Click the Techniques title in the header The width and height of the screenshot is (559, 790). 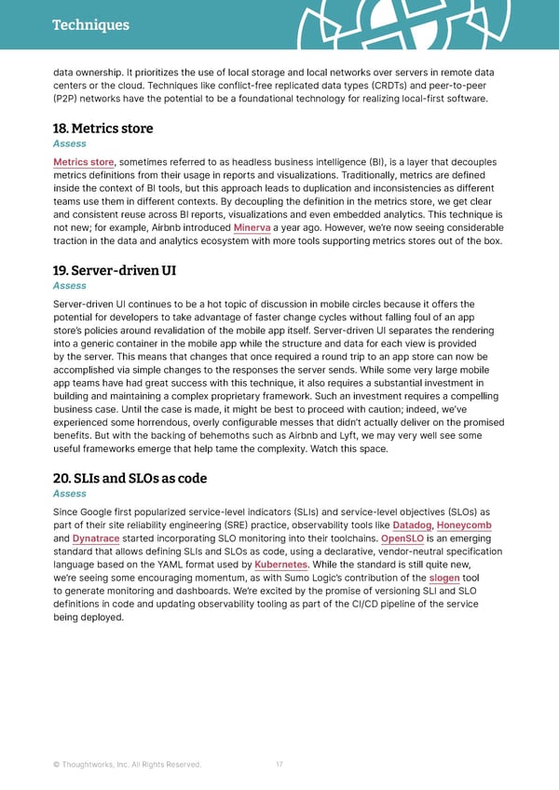click(x=90, y=25)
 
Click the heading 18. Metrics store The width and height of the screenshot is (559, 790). click(x=102, y=129)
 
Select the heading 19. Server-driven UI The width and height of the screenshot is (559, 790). click(x=115, y=271)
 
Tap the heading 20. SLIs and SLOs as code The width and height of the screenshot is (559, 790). click(x=130, y=479)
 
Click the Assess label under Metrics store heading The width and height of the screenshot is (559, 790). click(x=70, y=144)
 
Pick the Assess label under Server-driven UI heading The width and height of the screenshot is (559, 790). click(x=70, y=286)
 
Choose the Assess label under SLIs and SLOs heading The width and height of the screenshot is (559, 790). click(x=70, y=494)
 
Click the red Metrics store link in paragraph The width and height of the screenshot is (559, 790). click(x=84, y=161)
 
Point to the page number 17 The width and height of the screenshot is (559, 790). click(x=279, y=765)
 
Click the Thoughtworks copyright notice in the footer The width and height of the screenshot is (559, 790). click(x=128, y=765)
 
